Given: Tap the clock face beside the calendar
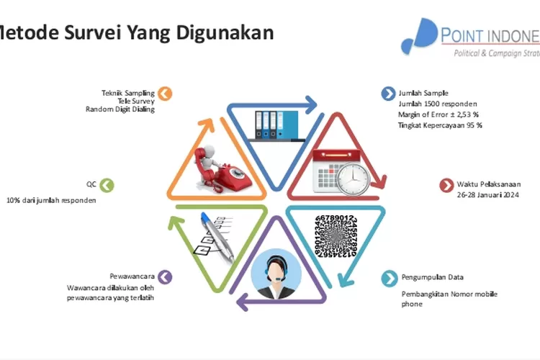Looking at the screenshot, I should [x=354, y=176].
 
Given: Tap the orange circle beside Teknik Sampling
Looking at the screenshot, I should [x=165, y=93].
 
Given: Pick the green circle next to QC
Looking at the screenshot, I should [x=107, y=185].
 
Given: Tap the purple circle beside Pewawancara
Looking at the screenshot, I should [x=165, y=277].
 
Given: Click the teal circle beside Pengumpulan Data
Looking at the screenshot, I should [x=389, y=277].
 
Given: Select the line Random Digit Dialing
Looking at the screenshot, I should [x=120, y=109].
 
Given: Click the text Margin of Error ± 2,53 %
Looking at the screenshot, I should [x=438, y=114].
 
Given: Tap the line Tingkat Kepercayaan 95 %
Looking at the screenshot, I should [x=440, y=125].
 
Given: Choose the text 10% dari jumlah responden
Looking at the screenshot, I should [x=51, y=200].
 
